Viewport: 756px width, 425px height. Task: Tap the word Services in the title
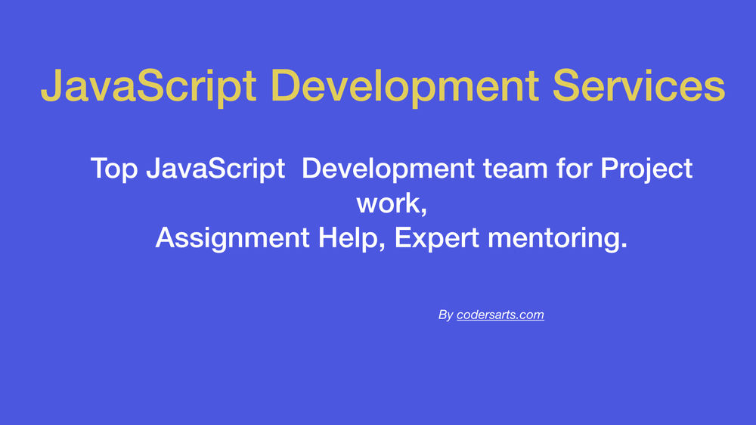click(x=639, y=85)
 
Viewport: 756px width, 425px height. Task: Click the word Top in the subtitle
click(x=114, y=168)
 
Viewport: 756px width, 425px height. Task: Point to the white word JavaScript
click(x=215, y=168)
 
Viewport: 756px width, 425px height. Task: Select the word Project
click(x=647, y=168)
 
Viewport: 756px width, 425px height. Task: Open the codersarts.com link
click(x=500, y=315)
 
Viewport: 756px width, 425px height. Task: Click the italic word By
click(x=445, y=315)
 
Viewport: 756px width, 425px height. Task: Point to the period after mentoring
click(x=624, y=247)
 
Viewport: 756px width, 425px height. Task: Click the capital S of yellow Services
click(x=567, y=85)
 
